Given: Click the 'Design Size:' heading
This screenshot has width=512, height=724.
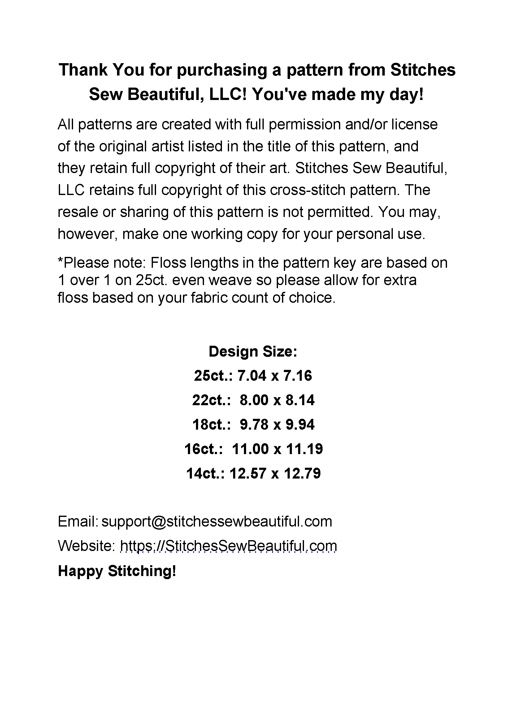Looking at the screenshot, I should [253, 352].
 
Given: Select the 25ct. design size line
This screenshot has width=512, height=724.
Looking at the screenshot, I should [253, 376].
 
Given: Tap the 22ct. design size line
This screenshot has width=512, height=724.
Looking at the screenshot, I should [253, 400].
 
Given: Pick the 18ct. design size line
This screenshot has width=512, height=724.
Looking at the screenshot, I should [253, 425].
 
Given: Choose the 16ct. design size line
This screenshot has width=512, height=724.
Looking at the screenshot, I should [253, 449].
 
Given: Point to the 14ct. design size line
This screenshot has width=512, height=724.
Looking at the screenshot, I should [253, 474].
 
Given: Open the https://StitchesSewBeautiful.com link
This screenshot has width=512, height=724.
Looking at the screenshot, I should [228, 546].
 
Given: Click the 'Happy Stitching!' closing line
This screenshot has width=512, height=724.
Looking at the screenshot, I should [117, 571].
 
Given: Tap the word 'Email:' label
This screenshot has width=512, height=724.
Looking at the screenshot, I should [78, 522].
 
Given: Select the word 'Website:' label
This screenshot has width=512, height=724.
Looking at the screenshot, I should [87, 546].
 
